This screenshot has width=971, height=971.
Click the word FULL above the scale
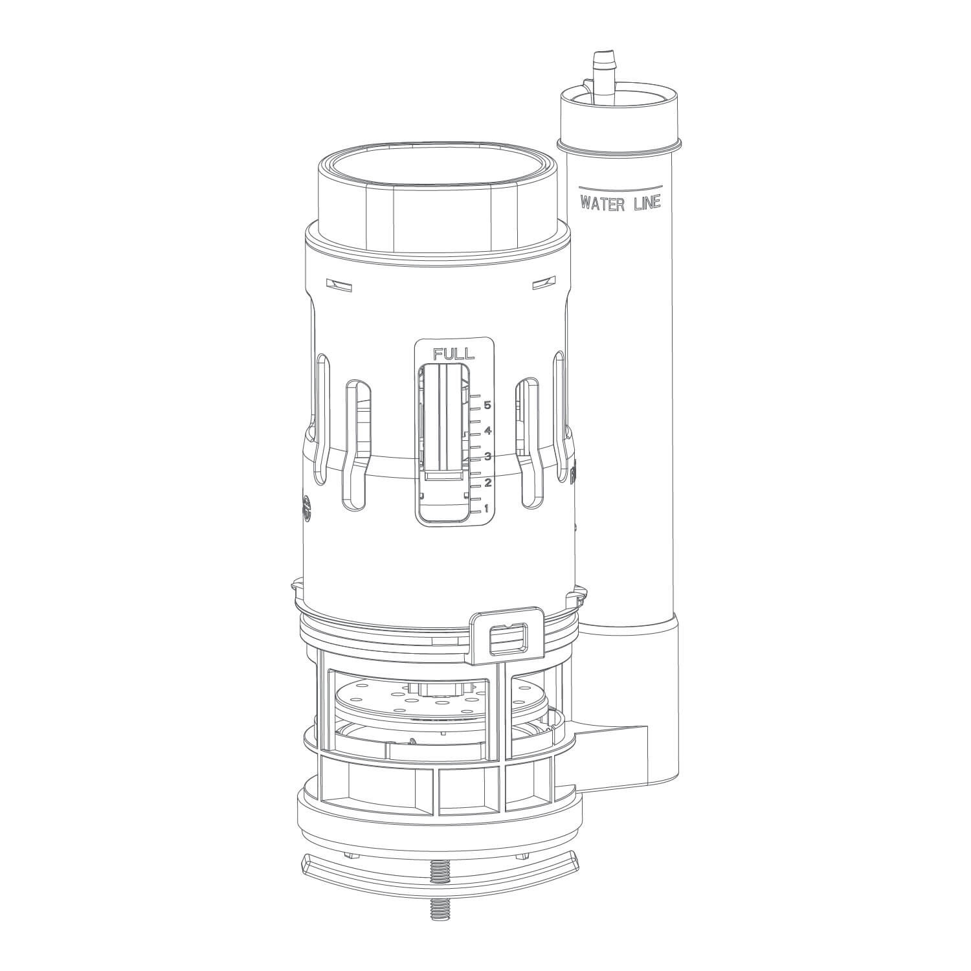click(454, 353)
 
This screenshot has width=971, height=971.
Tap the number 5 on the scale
click(487, 406)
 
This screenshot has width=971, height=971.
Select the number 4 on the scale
click(487, 431)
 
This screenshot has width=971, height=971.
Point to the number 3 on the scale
click(487, 457)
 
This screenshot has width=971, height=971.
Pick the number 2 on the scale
click(487, 483)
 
